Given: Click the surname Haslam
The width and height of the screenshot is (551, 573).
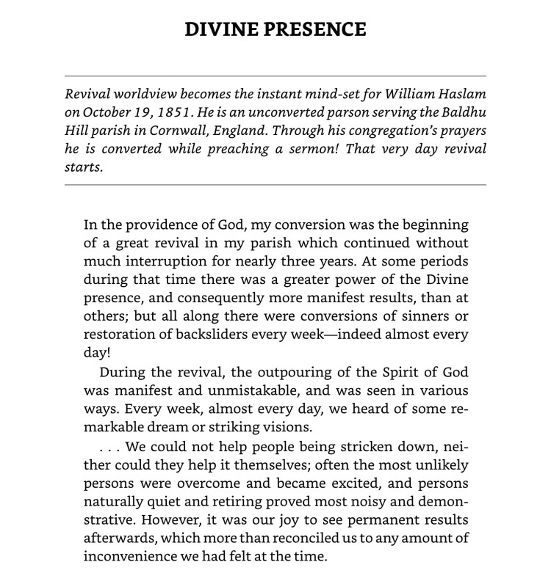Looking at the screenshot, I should coord(461,95).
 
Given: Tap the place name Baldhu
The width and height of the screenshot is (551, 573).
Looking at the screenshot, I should coord(463,112).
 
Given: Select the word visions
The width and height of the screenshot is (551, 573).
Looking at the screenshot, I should coord(288,427).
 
